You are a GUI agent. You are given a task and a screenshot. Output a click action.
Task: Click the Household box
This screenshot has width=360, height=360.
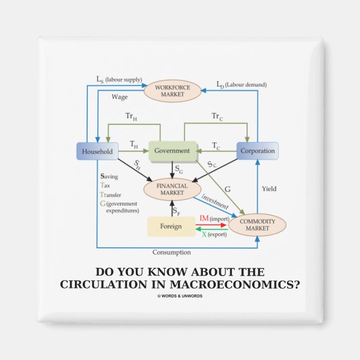(x=97, y=151)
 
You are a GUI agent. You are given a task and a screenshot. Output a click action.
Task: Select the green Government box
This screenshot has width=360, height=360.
(x=172, y=150)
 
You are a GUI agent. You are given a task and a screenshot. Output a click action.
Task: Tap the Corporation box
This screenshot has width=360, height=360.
(x=257, y=151)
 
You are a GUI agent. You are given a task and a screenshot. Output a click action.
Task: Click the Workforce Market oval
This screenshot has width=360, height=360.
(x=173, y=92)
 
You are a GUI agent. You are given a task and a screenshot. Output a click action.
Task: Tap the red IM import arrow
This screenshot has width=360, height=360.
(x=212, y=225)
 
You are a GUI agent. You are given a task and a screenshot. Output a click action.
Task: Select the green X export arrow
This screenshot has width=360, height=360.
(x=212, y=229)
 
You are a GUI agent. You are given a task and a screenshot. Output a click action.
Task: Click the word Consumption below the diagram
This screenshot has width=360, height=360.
(x=171, y=252)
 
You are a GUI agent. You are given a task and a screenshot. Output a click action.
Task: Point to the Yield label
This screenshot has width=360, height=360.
(x=269, y=189)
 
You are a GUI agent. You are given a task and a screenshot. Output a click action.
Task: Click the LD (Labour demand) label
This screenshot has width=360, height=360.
(x=241, y=84)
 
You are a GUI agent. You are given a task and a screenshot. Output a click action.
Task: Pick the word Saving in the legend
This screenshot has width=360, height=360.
(x=109, y=177)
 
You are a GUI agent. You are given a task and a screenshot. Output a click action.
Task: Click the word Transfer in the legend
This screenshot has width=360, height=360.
(x=112, y=194)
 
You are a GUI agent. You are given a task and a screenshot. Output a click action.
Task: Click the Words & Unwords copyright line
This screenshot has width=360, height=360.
(x=180, y=296)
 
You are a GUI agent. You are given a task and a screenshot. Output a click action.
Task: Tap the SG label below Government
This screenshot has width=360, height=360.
(x=178, y=168)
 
